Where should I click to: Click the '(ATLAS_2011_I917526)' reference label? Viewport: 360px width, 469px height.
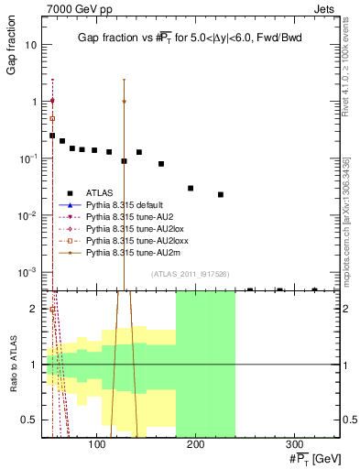191,274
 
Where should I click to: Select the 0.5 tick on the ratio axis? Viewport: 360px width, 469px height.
33,420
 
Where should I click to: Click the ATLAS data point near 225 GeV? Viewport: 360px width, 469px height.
221,194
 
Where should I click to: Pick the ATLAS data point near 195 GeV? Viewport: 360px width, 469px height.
191,188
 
